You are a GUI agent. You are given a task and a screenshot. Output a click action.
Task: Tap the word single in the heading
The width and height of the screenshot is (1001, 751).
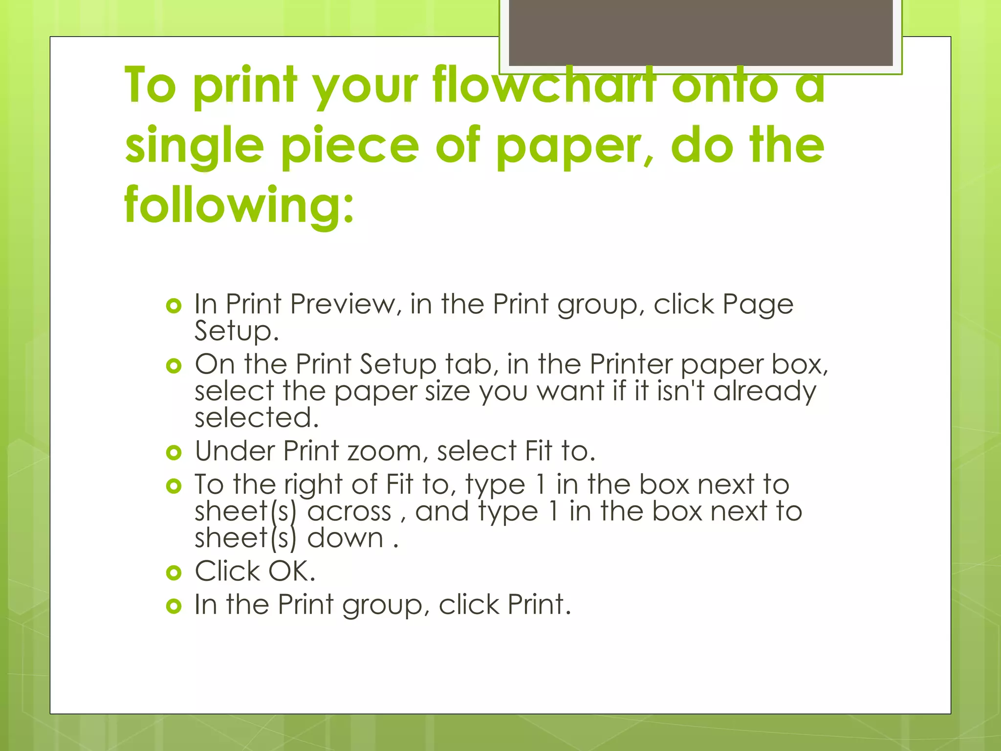(x=195, y=146)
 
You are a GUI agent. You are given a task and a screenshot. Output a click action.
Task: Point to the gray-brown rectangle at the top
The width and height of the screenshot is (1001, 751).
(x=700, y=32)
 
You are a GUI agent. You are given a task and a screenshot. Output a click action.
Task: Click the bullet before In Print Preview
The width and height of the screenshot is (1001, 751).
(x=174, y=307)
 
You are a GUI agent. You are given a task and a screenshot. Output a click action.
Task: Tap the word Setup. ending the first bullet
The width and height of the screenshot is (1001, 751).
(x=237, y=331)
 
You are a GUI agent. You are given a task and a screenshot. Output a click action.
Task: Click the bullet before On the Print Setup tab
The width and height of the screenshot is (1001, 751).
(x=174, y=366)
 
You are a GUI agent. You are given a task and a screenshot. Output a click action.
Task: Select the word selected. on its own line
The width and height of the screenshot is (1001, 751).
(x=257, y=418)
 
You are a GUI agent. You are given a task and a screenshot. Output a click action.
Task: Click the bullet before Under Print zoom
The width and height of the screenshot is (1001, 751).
(x=174, y=452)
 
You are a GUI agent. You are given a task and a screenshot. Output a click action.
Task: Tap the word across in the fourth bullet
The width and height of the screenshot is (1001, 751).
(x=349, y=511)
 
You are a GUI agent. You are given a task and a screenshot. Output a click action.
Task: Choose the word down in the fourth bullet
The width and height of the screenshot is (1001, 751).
(x=345, y=538)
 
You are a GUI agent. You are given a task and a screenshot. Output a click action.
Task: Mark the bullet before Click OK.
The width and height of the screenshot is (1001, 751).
(x=174, y=573)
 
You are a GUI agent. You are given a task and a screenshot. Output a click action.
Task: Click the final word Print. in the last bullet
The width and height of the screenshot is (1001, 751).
(x=539, y=604)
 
